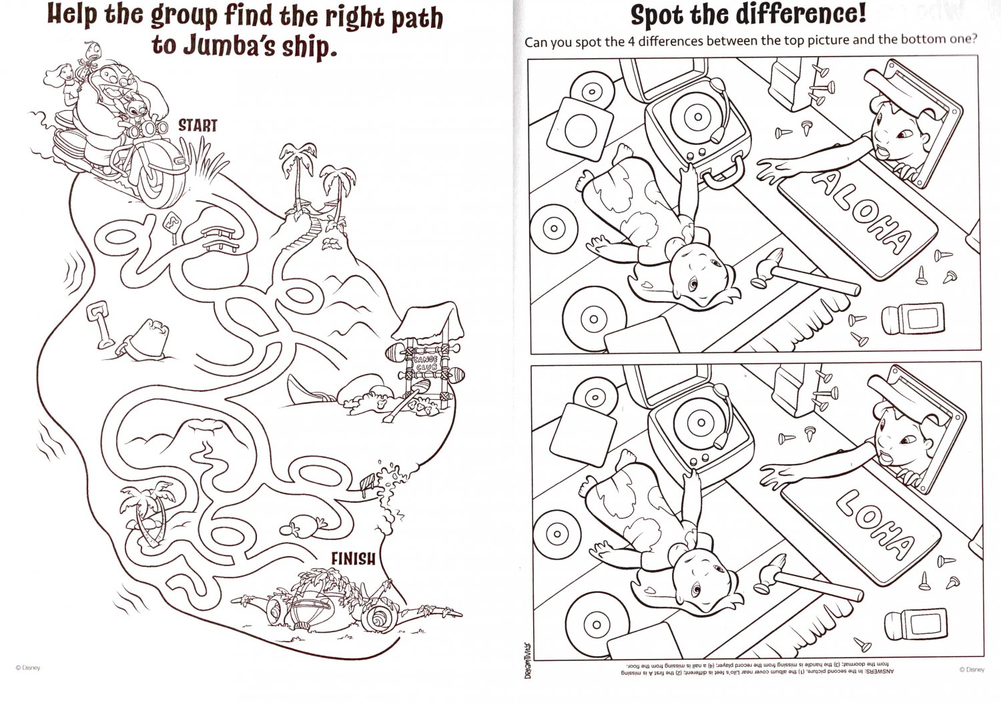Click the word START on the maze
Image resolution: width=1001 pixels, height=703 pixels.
[198, 125]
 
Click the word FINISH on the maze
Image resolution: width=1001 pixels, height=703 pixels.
[353, 557]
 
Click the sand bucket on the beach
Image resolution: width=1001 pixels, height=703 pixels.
[149, 338]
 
